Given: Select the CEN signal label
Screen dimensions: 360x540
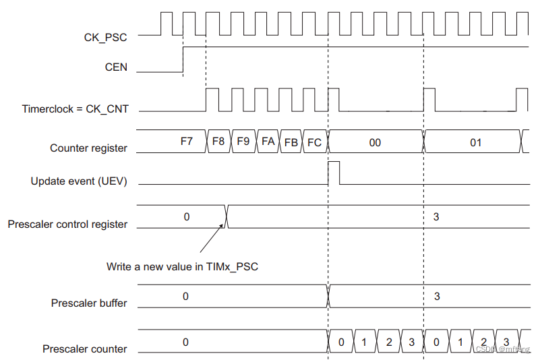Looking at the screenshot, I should click(116, 67).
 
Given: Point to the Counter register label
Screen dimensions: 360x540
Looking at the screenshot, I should click(88, 148).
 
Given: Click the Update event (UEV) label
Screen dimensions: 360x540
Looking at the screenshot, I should click(79, 181).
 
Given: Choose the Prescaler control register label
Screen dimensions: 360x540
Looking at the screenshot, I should click(67, 224).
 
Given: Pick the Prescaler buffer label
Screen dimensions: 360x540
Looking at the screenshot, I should click(89, 303).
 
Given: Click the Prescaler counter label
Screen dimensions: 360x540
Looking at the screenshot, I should click(85, 349).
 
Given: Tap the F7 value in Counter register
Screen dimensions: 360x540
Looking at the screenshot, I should click(186, 142).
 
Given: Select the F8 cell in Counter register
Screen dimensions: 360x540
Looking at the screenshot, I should click(218, 142).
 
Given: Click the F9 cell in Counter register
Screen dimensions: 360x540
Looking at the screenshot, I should click(243, 142).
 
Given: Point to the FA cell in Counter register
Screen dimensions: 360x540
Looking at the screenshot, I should click(268, 142).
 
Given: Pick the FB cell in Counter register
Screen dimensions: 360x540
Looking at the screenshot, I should click(291, 143).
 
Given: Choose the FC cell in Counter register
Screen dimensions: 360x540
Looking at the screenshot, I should click(314, 143).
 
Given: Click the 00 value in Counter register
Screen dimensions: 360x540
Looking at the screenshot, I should click(375, 143).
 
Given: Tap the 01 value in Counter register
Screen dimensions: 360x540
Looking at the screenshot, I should click(475, 143).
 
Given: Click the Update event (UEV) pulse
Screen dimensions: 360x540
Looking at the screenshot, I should click(334, 173).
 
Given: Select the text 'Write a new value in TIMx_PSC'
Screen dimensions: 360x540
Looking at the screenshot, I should click(182, 266).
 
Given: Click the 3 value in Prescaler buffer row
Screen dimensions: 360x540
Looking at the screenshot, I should click(436, 297).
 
